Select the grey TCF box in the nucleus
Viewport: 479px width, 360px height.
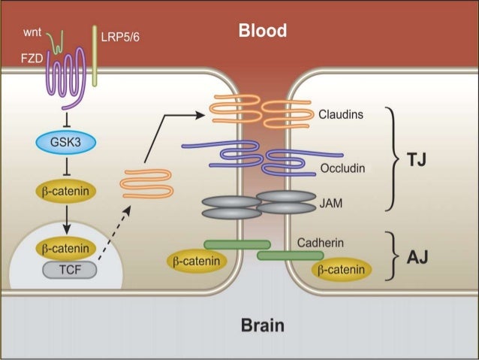coord(65,268)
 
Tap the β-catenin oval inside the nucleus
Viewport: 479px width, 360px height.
coord(65,247)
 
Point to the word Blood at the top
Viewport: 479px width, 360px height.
coord(262,31)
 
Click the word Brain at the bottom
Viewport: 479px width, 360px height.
coord(262,326)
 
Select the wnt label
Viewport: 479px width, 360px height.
coord(32,33)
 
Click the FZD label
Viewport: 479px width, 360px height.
coord(31,58)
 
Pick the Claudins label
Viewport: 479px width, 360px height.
coord(340,115)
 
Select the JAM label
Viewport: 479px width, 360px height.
coord(331,201)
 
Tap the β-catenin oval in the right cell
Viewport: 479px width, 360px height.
coord(342,269)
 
